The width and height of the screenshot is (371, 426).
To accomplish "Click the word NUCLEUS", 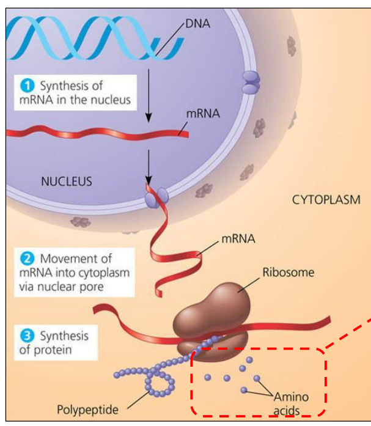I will click(x=67, y=181).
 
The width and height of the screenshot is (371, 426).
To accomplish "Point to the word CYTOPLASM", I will click(x=326, y=200).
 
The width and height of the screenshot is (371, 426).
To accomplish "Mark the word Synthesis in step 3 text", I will click(x=64, y=336).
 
